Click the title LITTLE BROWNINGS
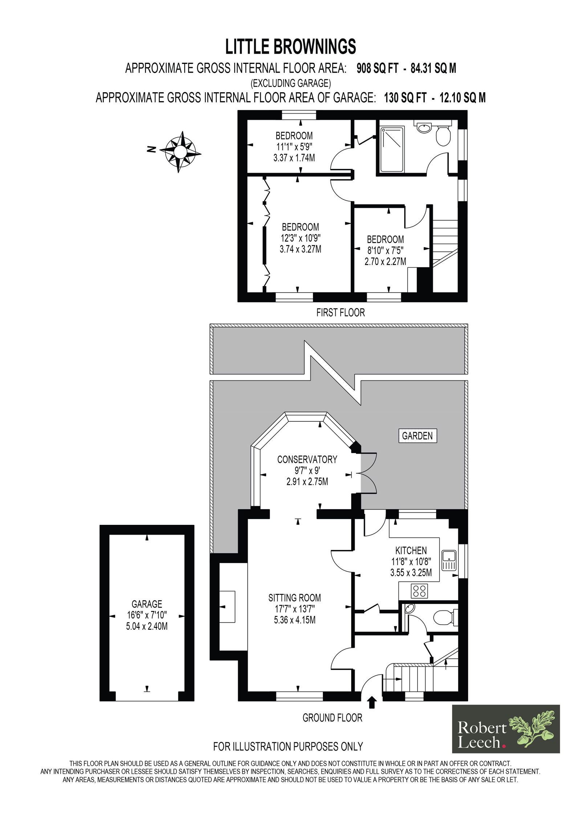tap(290, 47)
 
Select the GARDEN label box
tap(417, 436)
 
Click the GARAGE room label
tap(147, 604)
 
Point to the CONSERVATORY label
tap(307, 459)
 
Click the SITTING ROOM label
tap(294, 597)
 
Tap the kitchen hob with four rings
tap(419, 591)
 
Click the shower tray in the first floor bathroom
tap(392, 149)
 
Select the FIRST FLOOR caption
tap(340, 313)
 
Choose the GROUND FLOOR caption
tap(332, 718)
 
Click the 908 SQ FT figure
tap(377, 68)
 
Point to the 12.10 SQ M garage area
tap(462, 98)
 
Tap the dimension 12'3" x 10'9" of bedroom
tap(301, 238)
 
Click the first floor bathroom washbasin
tap(424, 127)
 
